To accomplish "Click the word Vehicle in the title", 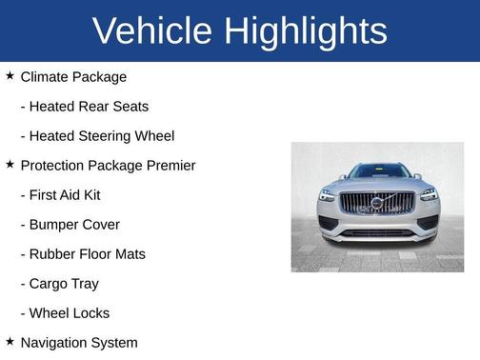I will click(x=152, y=31).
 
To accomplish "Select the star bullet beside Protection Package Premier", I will click(x=10, y=165).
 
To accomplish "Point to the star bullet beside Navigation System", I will click(x=10, y=342).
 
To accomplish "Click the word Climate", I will click(x=45, y=77).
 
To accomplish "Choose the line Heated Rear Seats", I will click(x=89, y=107).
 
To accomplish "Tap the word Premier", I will click(x=170, y=166).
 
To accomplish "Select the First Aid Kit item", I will click(x=65, y=195).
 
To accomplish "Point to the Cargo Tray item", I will click(x=64, y=284).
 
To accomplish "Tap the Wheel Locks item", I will click(x=70, y=313).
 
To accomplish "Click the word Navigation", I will click(x=54, y=343).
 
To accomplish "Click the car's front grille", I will click(x=377, y=203).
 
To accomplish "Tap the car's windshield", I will click(x=378, y=171).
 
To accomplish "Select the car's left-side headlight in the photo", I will click(x=327, y=194).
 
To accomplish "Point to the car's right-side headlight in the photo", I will click(x=429, y=194).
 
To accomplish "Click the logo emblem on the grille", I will click(x=377, y=202).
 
